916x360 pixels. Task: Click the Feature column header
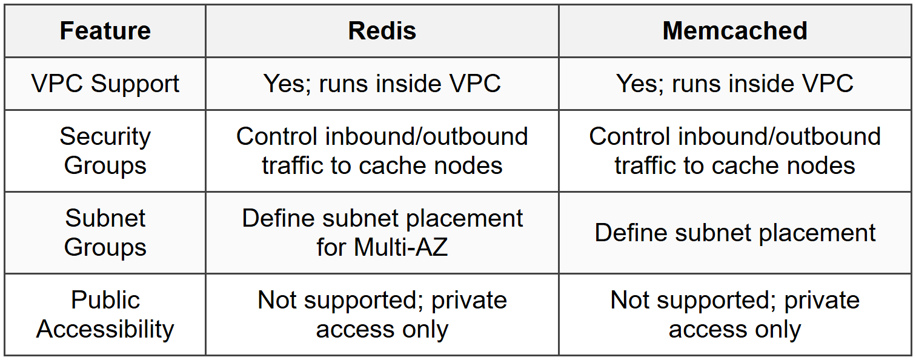click(105, 31)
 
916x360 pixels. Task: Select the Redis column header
click(382, 31)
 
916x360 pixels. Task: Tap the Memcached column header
click(734, 31)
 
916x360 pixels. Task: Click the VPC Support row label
click(105, 84)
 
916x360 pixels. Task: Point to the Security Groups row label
click(105, 151)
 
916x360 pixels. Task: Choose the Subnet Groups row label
click(105, 233)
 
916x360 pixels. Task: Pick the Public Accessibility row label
click(105, 315)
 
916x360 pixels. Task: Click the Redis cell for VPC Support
click(382, 84)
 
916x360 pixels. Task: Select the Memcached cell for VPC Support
click(734, 84)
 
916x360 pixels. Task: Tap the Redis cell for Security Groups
click(382, 151)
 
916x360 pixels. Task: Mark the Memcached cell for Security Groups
click(734, 151)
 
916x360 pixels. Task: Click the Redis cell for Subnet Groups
click(382, 233)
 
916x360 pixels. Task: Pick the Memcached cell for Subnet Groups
click(734, 233)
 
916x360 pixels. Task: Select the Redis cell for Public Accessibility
click(382, 315)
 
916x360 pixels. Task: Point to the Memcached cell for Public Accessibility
click(734, 315)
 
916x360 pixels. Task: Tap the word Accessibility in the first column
click(105, 329)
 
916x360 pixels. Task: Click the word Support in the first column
click(134, 84)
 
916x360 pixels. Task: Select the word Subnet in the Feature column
click(105, 218)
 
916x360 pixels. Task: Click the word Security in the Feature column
click(105, 136)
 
